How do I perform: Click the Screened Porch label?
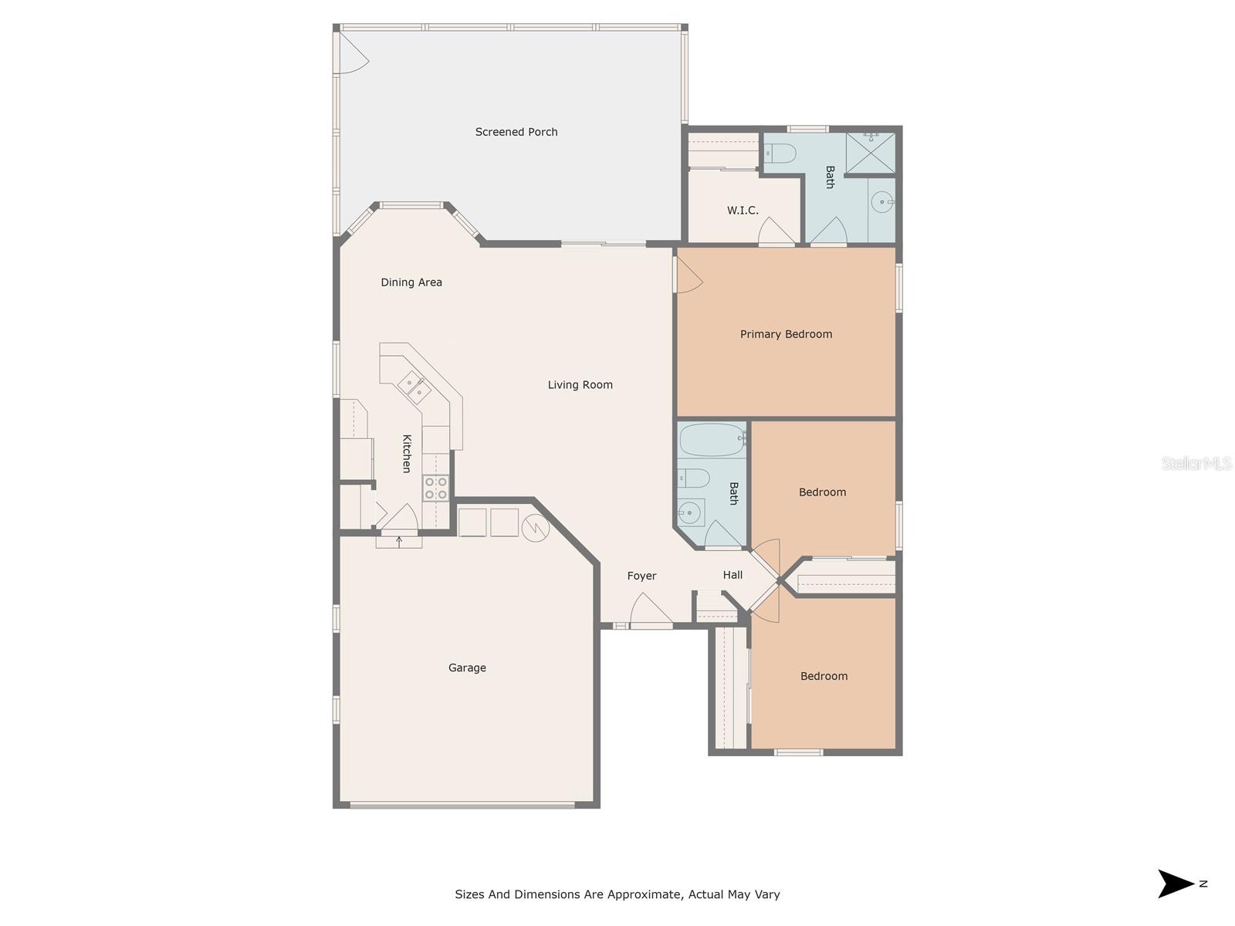(516, 132)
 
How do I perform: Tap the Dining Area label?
(411, 282)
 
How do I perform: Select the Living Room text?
(580, 385)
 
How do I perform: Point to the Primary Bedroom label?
(786, 334)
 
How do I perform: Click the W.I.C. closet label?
(743, 210)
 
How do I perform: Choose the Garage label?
(467, 668)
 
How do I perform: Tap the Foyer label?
(641, 576)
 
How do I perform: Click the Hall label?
(733, 575)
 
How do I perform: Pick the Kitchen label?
(407, 454)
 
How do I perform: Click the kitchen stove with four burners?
(435, 488)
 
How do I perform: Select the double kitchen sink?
(414, 387)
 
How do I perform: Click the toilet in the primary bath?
(780, 154)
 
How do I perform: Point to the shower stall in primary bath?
(871, 153)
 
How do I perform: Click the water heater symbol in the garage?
(535, 528)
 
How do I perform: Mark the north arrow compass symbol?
(1177, 884)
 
